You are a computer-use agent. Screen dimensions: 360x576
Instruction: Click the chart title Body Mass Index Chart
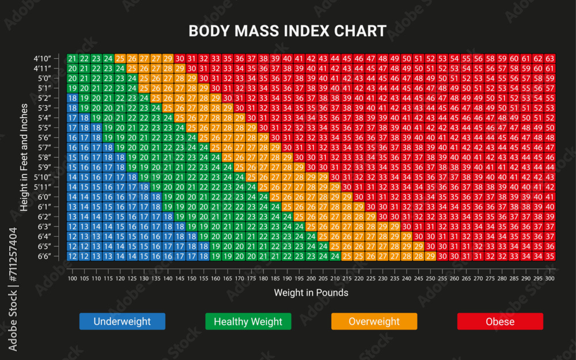click(x=287, y=31)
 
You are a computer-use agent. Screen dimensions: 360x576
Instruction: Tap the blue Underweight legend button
click(x=122, y=321)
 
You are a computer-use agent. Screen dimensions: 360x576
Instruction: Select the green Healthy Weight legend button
click(x=248, y=321)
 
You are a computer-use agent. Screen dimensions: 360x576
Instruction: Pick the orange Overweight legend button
click(x=374, y=321)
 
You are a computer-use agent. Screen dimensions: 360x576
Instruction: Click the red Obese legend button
click(x=500, y=321)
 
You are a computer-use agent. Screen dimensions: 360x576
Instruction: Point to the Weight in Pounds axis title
click(x=311, y=293)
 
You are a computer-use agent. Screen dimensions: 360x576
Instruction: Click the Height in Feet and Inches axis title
click(x=24, y=157)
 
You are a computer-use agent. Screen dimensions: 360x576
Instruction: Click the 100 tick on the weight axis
click(x=72, y=279)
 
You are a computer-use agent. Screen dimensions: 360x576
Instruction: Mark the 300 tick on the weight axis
click(x=550, y=279)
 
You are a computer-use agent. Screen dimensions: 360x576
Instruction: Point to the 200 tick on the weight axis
click(x=310, y=279)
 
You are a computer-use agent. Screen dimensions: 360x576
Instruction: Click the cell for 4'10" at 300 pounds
click(x=550, y=59)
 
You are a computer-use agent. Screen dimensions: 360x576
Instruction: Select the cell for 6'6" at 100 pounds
click(x=72, y=256)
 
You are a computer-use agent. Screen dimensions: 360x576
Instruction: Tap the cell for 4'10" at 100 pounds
click(x=72, y=59)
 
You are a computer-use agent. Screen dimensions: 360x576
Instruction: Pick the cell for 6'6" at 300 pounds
click(x=550, y=256)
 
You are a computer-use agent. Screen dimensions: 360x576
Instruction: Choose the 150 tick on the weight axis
click(x=191, y=279)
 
